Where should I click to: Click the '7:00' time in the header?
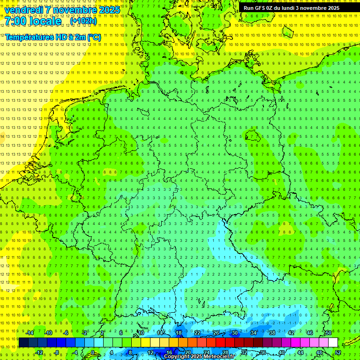pyautogui.click(x=16, y=22)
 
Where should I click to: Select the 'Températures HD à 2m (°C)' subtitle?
pyautogui.click(x=52, y=37)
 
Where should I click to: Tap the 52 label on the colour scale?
pyautogui.click(x=338, y=352)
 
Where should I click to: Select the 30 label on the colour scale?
pyautogui.click(x=235, y=333)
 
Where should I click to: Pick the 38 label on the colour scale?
pyautogui.click(x=272, y=333)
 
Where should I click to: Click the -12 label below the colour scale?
pyautogui.click(x=39, y=352)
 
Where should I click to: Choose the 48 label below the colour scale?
pyautogui.click(x=319, y=352)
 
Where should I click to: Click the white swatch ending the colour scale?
pyautogui.click(x=333, y=342)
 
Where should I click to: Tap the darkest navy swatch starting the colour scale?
pyautogui.click(x=23, y=342)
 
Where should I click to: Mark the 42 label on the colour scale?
pyautogui.click(x=291, y=333)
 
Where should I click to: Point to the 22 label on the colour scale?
pyautogui.click(x=197, y=333)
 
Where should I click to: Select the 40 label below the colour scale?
pyautogui.click(x=282, y=352)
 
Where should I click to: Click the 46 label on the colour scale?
pyautogui.click(x=310, y=333)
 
